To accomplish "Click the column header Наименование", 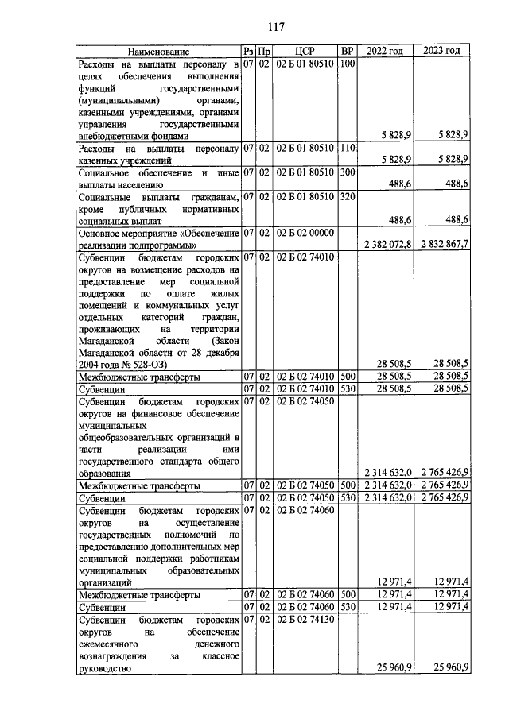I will click(157, 52).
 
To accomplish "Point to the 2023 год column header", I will click(441, 52).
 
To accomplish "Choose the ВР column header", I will click(346, 52).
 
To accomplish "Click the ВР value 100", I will click(346, 64).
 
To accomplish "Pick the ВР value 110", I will click(346, 148).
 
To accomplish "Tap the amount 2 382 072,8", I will click(387, 243).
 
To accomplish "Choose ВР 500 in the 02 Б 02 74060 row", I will click(346, 594).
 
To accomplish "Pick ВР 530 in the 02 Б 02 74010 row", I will click(346, 389).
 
